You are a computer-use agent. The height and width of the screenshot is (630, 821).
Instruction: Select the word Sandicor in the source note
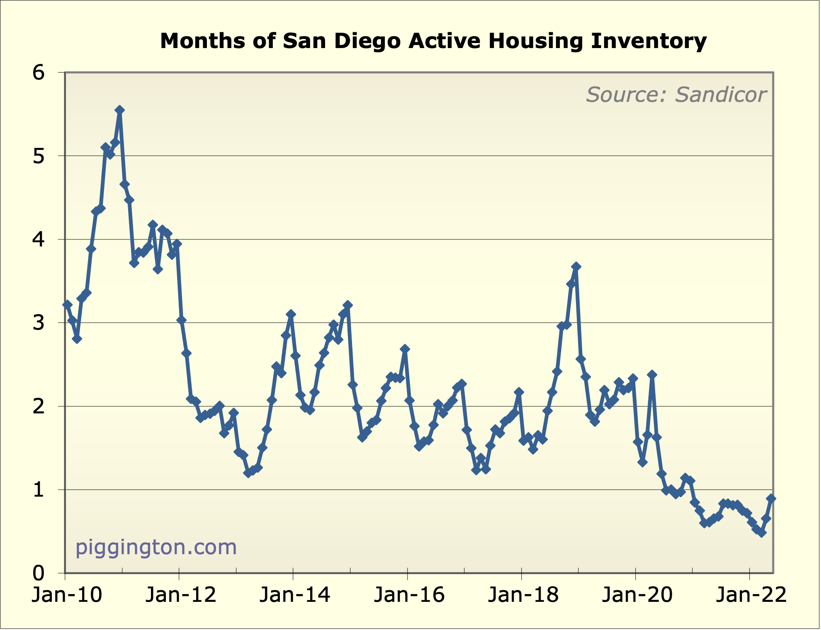click(x=721, y=95)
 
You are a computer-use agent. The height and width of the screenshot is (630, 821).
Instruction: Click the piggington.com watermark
click(x=156, y=547)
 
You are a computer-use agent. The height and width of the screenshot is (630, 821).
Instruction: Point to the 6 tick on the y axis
click(x=39, y=73)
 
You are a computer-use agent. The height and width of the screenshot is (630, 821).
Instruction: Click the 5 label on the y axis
click(x=39, y=157)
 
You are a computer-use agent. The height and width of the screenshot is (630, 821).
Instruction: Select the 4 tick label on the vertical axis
click(x=39, y=240)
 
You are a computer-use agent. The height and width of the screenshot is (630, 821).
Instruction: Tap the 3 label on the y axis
click(x=39, y=323)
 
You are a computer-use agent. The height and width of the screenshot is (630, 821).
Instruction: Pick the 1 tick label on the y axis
click(x=39, y=490)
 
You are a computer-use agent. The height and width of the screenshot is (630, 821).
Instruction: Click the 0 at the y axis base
click(x=39, y=574)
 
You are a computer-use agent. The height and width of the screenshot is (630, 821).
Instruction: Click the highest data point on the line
click(x=119, y=110)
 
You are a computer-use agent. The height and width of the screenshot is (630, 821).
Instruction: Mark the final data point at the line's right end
click(x=771, y=498)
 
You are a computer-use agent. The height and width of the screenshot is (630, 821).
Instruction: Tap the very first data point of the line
click(x=68, y=305)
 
